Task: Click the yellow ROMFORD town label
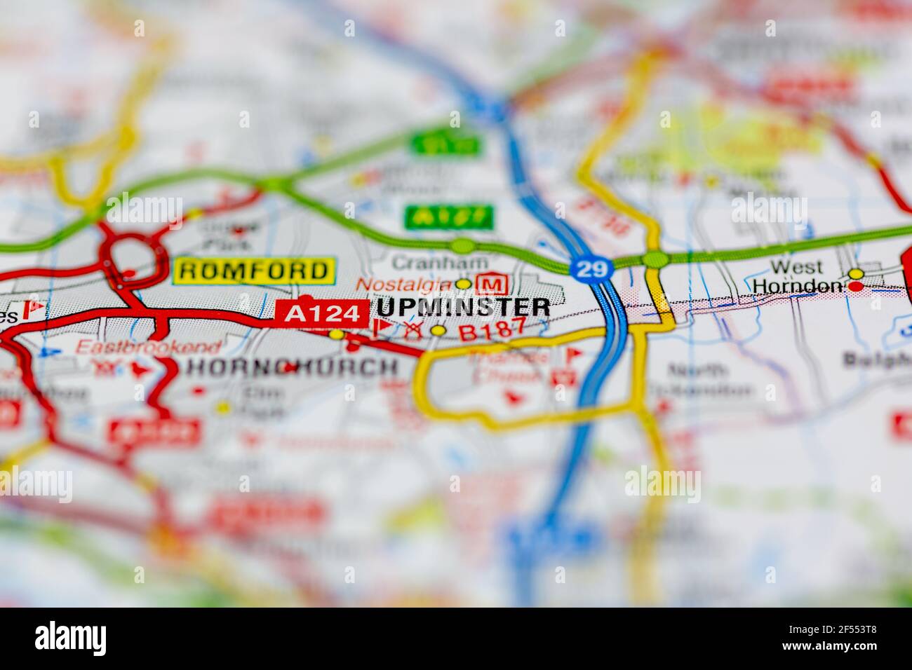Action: [253, 271]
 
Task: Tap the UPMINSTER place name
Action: [464, 307]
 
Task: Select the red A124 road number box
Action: [322, 313]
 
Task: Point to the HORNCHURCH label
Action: [293, 367]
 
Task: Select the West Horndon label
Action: [797, 276]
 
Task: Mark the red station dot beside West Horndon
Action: [856, 287]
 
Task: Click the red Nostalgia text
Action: [404, 284]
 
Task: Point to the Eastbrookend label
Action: [148, 346]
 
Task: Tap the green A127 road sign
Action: [448, 217]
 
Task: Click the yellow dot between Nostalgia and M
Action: [463, 284]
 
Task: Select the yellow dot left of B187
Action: [438, 330]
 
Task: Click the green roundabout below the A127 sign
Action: [462, 245]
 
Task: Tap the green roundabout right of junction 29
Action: [655, 259]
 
